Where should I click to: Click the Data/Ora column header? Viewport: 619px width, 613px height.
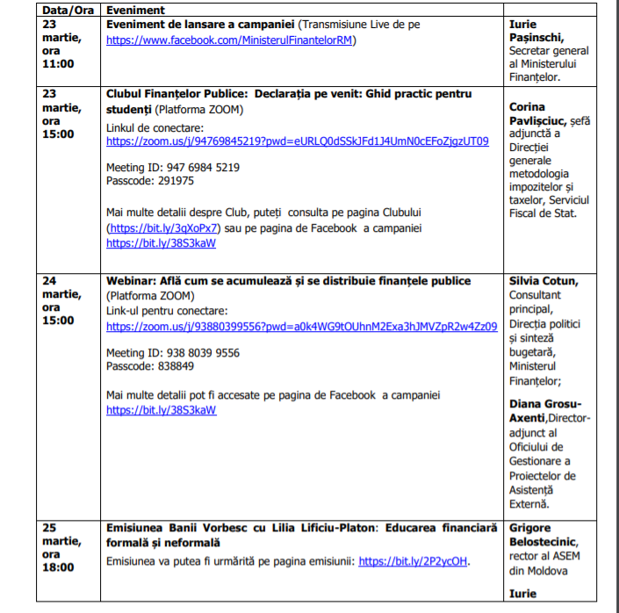68,10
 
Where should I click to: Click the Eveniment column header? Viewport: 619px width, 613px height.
134,10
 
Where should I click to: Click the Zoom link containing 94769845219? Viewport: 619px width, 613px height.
297,141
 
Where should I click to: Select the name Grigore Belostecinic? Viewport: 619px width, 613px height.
541,535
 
